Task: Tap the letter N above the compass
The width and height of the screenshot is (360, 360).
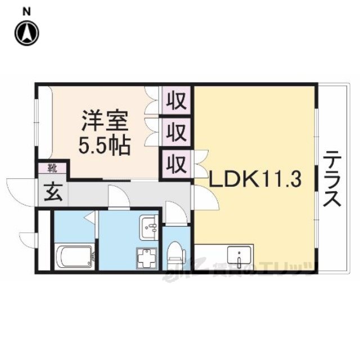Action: (x=27, y=10)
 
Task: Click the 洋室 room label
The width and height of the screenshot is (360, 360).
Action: (x=105, y=120)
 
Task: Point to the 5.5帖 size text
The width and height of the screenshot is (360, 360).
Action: (x=105, y=146)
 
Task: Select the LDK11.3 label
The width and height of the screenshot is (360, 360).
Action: (x=256, y=180)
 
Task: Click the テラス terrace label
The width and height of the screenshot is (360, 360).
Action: (x=332, y=178)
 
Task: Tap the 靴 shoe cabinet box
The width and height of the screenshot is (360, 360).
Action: (x=52, y=167)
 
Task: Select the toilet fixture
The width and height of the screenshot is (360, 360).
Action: (x=176, y=253)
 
